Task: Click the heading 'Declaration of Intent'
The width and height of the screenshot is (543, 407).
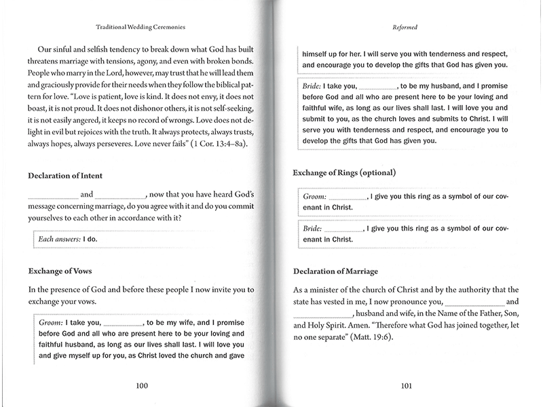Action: click(65, 176)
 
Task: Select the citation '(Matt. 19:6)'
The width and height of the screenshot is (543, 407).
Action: click(369, 337)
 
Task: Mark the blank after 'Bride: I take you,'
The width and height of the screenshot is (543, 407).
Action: click(377, 88)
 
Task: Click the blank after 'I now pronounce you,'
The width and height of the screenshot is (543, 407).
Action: click(475, 301)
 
